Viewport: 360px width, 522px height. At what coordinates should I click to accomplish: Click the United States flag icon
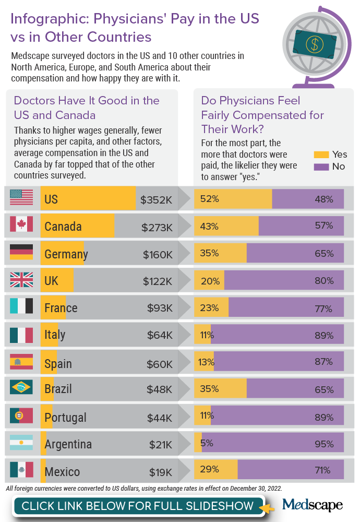click(x=21, y=197)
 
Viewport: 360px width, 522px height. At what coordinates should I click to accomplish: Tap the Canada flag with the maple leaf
click(x=21, y=224)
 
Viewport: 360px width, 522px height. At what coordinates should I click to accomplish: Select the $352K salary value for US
click(x=156, y=199)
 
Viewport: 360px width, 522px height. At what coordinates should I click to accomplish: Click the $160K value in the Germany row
click(x=158, y=254)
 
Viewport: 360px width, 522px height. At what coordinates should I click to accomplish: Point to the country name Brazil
click(x=58, y=389)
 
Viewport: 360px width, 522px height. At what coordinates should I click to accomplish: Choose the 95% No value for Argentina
click(x=324, y=444)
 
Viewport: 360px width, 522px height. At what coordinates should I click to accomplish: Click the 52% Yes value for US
click(x=208, y=199)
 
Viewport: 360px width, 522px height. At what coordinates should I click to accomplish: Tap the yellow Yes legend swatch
click(x=321, y=155)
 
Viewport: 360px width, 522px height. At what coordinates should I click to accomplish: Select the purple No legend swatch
click(x=321, y=167)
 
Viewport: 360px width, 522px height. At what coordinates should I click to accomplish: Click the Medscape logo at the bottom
click(x=312, y=505)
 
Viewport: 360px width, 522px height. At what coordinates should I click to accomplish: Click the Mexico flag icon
click(x=21, y=470)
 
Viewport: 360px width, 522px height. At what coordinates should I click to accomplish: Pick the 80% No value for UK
click(x=324, y=281)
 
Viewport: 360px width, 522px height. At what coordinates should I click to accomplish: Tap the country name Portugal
click(x=66, y=418)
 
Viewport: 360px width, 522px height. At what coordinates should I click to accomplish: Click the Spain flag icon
click(x=21, y=361)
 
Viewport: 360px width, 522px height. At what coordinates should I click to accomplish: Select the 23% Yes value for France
click(x=209, y=308)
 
